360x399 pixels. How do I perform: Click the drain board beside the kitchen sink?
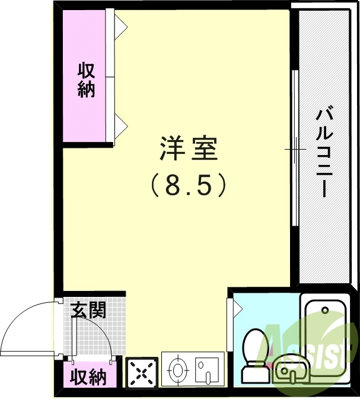pos(207,370)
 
